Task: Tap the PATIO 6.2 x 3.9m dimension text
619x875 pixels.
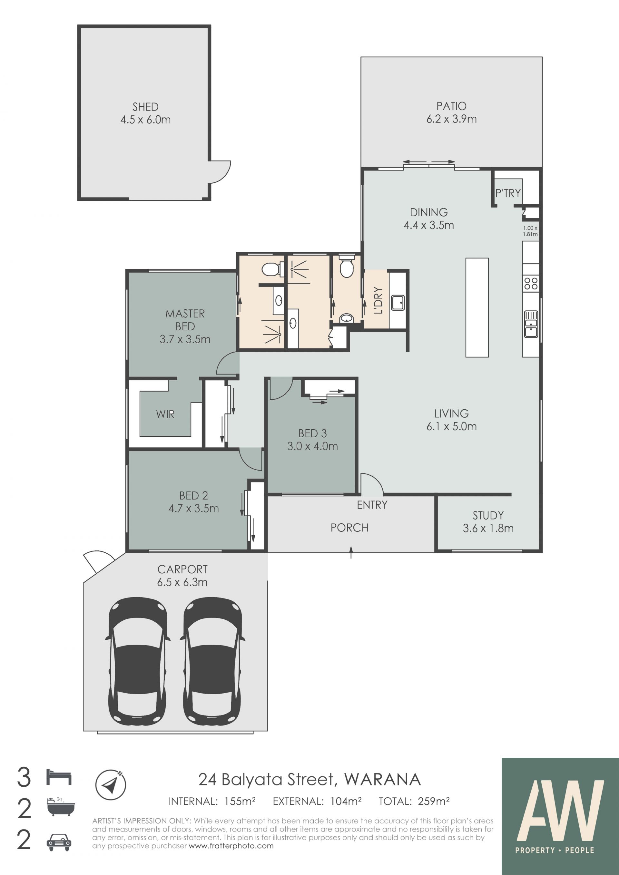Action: coord(451,119)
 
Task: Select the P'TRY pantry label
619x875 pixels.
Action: coord(508,193)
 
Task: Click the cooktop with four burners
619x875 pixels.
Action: coord(531,283)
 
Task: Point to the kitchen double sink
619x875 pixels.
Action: coord(531,324)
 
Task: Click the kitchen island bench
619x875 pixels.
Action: coord(477,307)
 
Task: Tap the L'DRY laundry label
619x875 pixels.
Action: coord(378,300)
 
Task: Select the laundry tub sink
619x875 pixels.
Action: coord(398,302)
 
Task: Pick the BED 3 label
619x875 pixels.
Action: coord(312,433)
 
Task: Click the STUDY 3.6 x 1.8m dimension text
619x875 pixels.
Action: coord(488,528)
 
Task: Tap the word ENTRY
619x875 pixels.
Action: coord(372,505)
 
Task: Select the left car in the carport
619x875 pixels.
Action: coord(137,664)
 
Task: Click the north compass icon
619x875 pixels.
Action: coord(111,785)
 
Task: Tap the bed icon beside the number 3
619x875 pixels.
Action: coord(59,777)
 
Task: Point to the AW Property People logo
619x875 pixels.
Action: coord(560,816)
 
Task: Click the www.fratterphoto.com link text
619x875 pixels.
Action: coord(231,846)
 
